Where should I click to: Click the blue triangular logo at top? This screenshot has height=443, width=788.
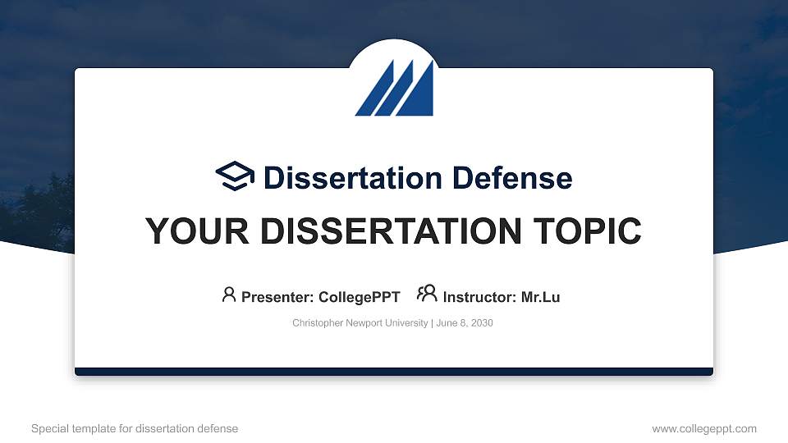pos(394,88)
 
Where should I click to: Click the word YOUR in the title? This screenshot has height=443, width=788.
pos(191,232)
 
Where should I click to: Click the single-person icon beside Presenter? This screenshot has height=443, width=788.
pos(229,295)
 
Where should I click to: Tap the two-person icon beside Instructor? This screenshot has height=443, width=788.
pos(427,294)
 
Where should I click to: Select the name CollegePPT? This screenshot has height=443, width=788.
pos(360,297)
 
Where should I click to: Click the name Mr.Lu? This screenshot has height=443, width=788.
pos(541,297)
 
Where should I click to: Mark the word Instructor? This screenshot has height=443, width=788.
pos(480,297)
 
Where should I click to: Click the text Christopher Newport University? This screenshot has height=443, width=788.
pos(360,323)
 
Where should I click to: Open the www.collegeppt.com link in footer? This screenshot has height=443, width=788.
pos(704,428)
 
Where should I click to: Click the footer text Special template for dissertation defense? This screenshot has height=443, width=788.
pos(135,428)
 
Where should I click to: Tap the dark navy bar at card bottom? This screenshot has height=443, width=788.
pos(394,372)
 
